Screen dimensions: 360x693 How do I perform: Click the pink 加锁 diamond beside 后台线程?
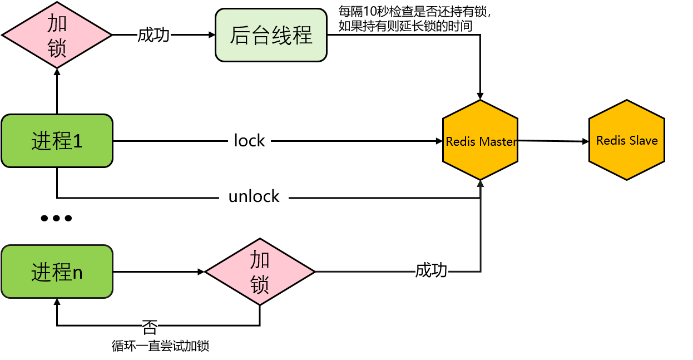point(57,35)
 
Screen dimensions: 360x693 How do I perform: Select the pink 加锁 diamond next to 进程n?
point(260,272)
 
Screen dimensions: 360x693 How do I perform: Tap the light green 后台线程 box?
point(271,35)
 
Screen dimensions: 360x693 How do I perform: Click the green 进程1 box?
point(57,141)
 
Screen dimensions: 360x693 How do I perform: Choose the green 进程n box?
point(57,272)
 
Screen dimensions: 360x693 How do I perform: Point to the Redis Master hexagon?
point(481,140)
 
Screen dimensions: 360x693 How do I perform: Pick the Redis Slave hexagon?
point(627,140)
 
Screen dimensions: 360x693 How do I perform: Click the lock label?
point(249,141)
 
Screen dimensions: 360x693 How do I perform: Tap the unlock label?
point(254,196)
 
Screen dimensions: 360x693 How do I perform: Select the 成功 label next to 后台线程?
point(154,35)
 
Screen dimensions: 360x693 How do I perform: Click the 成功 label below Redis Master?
point(432,270)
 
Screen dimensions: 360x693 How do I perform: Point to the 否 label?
point(150,327)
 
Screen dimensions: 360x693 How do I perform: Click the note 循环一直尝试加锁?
point(160,346)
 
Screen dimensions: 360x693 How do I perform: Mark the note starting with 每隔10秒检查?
point(415,19)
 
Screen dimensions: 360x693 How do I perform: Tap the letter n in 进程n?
point(78,273)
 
